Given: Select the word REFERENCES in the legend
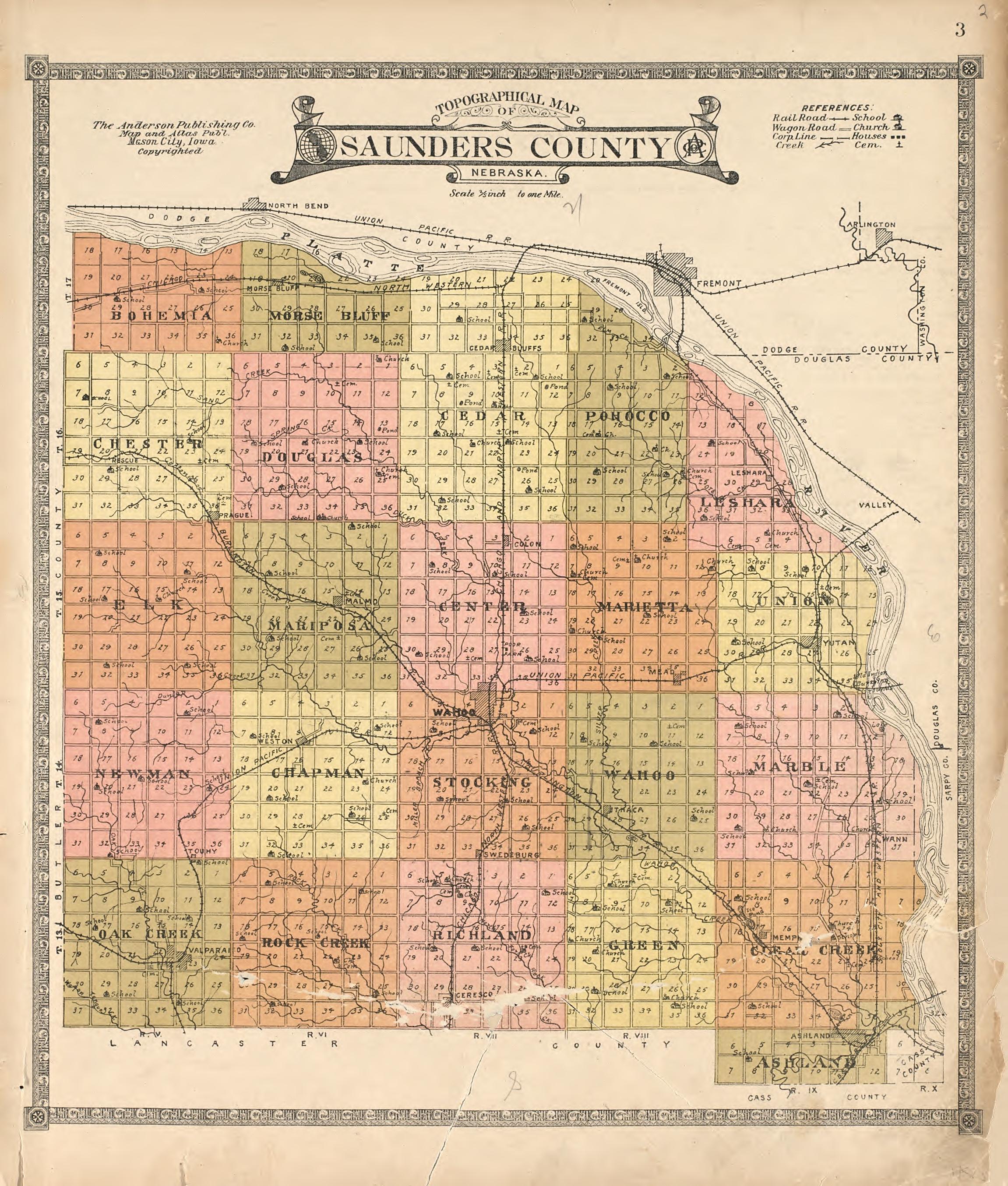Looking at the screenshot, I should coord(837,107).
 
